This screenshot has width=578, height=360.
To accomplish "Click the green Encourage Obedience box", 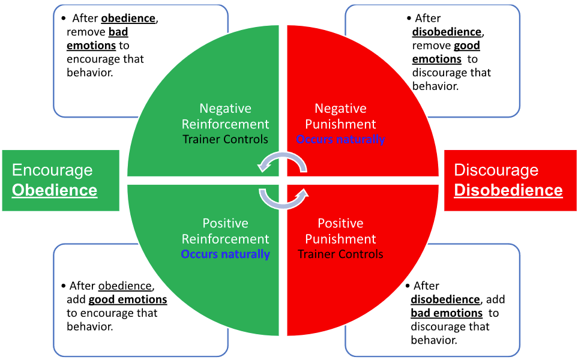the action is point(61,181).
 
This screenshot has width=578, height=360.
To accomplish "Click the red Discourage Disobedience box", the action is point(510,181).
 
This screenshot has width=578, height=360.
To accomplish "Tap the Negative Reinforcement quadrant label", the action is point(225,116).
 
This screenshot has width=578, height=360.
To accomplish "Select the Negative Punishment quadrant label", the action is point(340,116).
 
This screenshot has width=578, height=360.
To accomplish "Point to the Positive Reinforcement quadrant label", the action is point(225,231).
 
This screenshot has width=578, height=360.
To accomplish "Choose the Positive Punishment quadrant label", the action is point(340,231).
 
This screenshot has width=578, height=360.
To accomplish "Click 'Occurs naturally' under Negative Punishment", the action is point(340,139).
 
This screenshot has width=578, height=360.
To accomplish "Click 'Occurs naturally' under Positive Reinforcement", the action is point(225,254).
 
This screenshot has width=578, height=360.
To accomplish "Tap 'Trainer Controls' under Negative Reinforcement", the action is point(225,139).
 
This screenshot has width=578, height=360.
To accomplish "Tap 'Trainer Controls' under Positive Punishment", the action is point(340,254).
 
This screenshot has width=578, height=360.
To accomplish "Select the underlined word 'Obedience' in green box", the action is point(55,191).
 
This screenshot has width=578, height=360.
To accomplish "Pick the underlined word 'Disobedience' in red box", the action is point(508,191).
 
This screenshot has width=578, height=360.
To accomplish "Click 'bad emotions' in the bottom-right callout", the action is point(447,313).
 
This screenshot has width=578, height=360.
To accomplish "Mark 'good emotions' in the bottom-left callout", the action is point(128,299).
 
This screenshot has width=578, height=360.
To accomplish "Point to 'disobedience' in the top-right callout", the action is point(447,32).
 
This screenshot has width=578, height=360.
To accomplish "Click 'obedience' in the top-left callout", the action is point(128,18).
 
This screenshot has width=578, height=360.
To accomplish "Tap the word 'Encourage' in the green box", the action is point(52,170).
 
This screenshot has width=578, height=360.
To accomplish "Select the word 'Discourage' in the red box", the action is point(496,170).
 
